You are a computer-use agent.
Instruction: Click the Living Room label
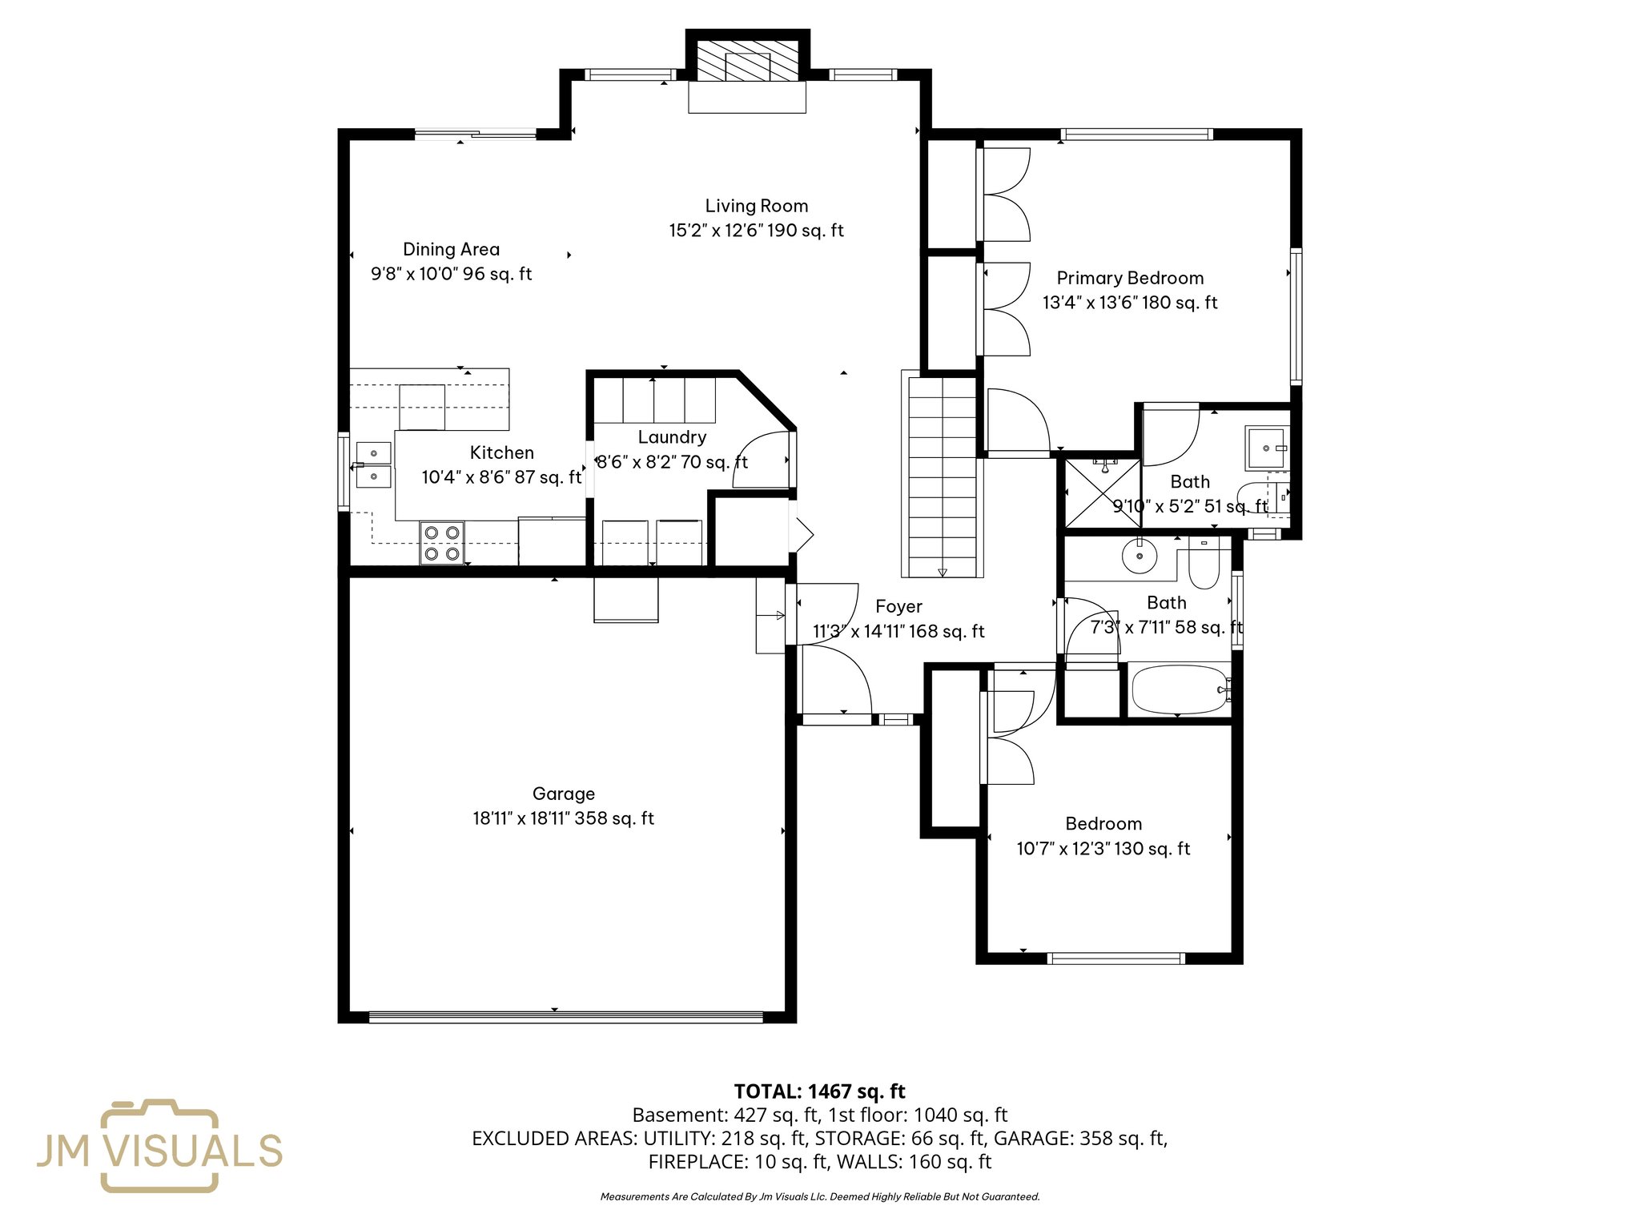(756, 206)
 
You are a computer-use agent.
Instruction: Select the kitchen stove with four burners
(442, 543)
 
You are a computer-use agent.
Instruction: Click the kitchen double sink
(373, 465)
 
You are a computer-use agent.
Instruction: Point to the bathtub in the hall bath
(1179, 689)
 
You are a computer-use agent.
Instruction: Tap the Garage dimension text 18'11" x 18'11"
(563, 818)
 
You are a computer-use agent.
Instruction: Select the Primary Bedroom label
(1130, 278)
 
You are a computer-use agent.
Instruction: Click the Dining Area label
(451, 249)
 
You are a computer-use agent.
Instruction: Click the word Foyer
(898, 606)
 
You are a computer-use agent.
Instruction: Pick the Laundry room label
(672, 437)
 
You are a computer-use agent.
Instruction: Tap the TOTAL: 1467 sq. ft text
(819, 1091)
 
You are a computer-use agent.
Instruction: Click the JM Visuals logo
(159, 1146)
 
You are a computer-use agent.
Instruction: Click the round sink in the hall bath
(1139, 556)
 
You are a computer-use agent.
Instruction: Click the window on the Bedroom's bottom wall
(1115, 958)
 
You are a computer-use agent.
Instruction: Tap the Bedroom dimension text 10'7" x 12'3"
(1103, 849)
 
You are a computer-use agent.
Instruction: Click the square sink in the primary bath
(1265, 448)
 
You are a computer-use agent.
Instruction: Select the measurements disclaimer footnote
(819, 1197)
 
